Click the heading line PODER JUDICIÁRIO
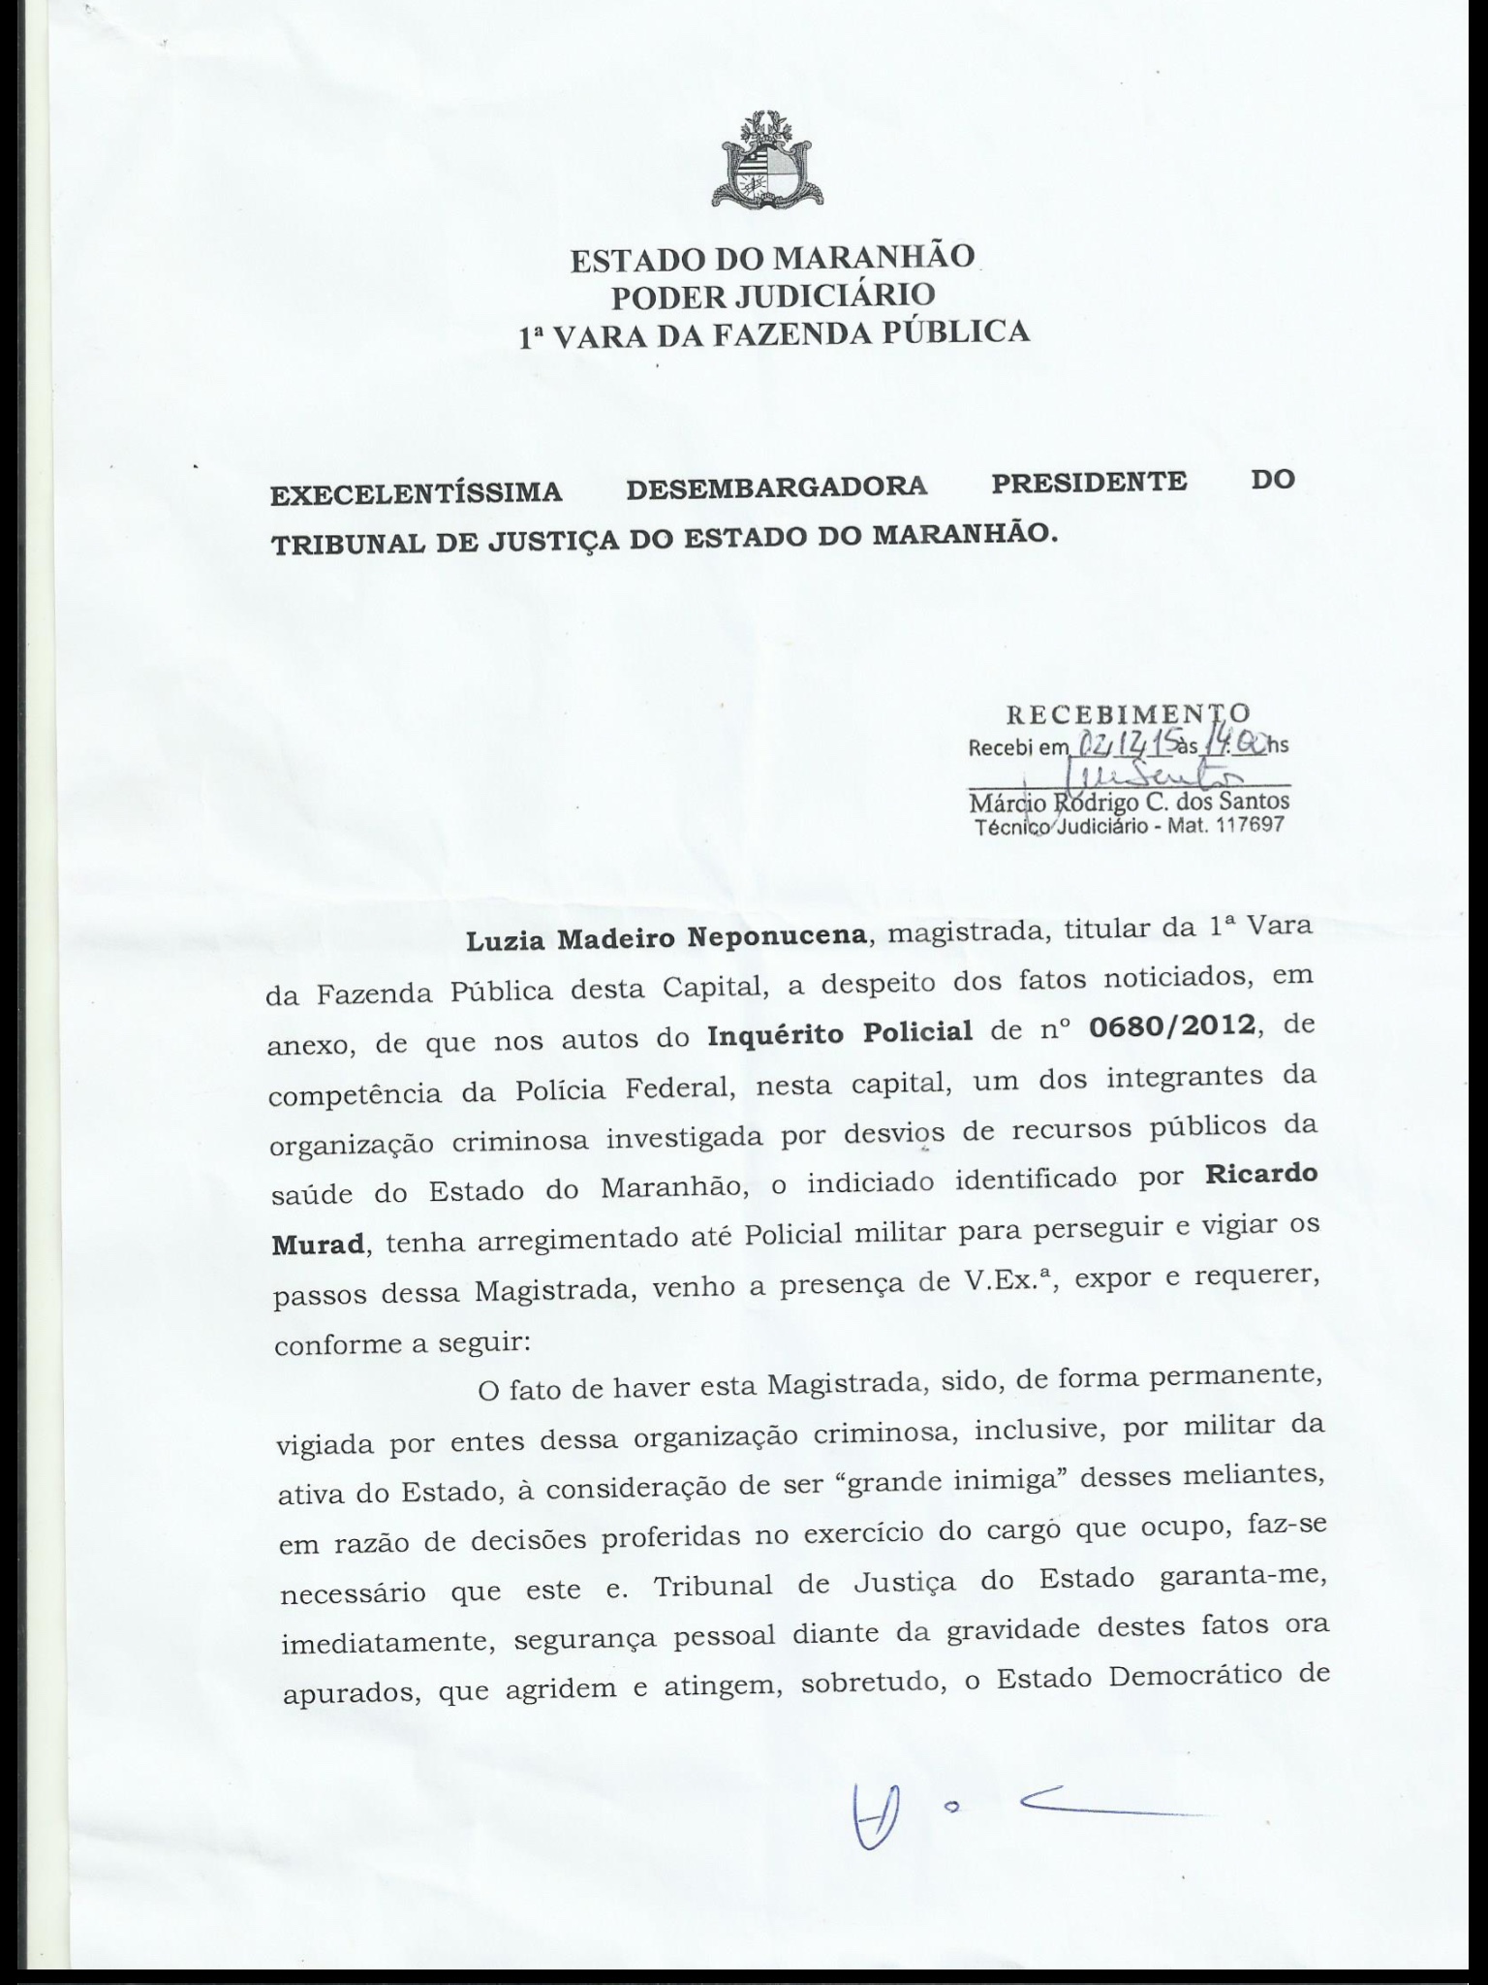[772, 295]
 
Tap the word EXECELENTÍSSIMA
[416, 493]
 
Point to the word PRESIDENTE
[1089, 482]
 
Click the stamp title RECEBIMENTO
[1128, 714]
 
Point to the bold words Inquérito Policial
[840, 1033]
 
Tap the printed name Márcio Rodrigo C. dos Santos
[1130, 803]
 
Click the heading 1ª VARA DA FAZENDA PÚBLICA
[774, 333]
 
